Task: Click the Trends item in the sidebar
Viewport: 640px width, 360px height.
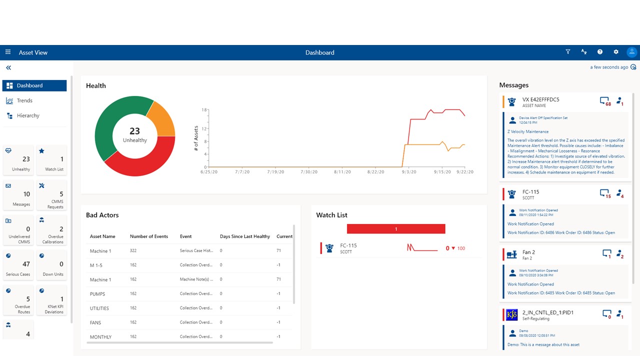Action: click(24, 100)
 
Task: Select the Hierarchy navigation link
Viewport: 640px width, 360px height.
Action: click(27, 115)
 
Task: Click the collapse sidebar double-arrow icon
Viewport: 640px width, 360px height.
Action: click(8, 67)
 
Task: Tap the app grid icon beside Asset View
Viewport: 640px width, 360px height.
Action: click(8, 52)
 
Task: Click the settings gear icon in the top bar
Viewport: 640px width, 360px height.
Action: click(616, 52)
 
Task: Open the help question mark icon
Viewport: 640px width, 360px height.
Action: click(600, 52)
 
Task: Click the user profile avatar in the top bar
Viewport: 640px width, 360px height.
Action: click(632, 52)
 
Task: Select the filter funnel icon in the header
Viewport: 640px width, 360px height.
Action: click(568, 52)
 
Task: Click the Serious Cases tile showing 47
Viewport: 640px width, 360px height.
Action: click(18, 265)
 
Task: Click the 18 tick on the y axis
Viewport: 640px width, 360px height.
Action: click(204, 109)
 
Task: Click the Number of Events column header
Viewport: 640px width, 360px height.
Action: click(149, 236)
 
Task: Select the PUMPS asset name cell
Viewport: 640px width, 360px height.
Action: click(97, 294)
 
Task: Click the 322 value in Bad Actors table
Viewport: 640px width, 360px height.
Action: click(133, 251)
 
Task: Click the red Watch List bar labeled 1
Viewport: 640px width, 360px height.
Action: click(396, 229)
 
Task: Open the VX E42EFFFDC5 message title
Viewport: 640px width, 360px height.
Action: click(540, 99)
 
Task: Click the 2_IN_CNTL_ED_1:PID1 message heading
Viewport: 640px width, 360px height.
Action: click(547, 312)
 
